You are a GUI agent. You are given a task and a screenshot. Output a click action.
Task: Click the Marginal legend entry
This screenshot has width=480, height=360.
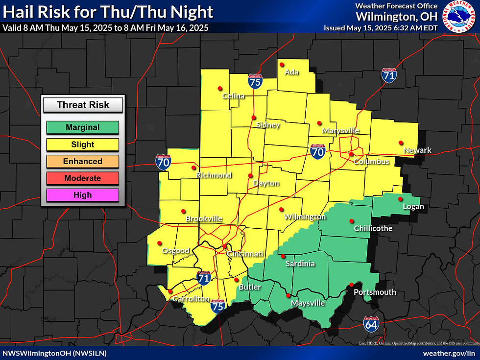tap(83, 127)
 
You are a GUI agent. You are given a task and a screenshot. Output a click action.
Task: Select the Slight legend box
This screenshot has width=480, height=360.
tap(83, 144)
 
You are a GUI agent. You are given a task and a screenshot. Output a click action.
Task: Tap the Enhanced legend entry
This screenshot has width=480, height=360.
tap(83, 161)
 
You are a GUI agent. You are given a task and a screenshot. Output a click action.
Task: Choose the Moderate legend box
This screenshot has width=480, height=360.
tap(83, 178)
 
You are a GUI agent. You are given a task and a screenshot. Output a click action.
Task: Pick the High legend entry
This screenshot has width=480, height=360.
tap(83, 195)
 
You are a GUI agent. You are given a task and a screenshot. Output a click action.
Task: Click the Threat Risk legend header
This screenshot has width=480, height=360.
tap(83, 105)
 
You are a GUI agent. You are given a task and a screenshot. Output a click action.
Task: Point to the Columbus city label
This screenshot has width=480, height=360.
tap(371, 162)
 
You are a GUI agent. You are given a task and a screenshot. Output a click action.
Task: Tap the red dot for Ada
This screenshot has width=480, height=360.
tap(282, 64)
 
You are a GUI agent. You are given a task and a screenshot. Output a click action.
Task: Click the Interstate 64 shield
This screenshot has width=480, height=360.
tap(371, 324)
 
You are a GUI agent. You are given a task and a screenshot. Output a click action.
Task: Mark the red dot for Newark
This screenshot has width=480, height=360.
tap(400, 142)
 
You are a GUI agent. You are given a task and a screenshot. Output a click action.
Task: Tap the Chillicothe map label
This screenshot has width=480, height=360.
tap(374, 228)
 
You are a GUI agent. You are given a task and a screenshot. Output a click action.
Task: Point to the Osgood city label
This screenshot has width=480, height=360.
tap(176, 251)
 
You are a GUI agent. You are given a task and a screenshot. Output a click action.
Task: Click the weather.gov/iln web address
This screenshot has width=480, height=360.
tap(448, 353)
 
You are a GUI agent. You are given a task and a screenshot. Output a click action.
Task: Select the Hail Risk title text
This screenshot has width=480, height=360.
tap(108, 12)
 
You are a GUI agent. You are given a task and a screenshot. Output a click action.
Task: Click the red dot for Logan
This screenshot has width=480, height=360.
tap(400, 199)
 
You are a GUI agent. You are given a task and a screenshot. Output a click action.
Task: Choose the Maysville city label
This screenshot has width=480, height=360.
tap(308, 303)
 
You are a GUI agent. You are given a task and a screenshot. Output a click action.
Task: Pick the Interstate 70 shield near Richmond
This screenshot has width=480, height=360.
tap(164, 162)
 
